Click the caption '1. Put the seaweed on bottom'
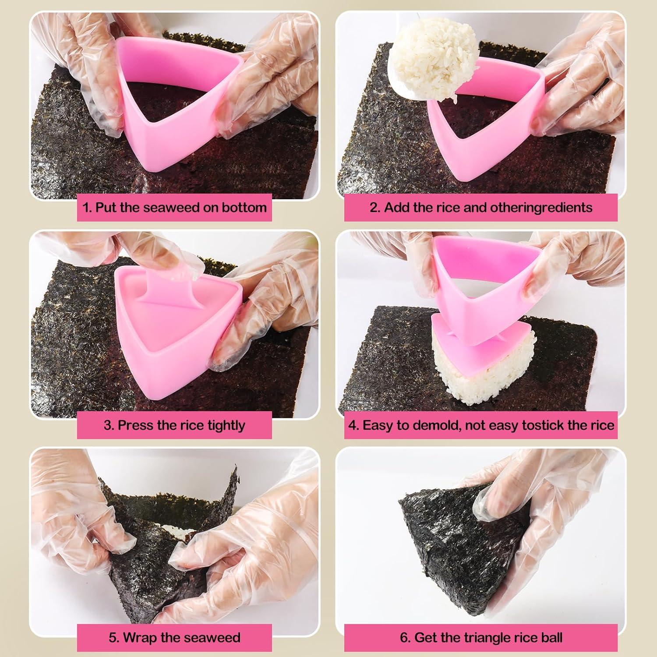[174, 208]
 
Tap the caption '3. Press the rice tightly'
[174, 425]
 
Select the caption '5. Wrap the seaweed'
[174, 637]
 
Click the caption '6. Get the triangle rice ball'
[481, 637]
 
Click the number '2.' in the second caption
[375, 208]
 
